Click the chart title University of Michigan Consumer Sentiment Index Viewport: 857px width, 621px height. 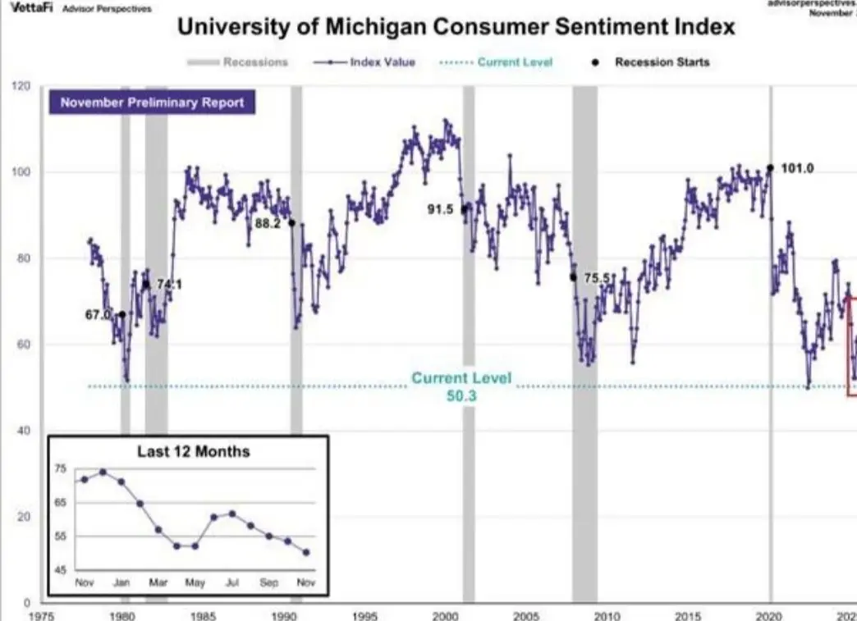pyautogui.click(x=456, y=28)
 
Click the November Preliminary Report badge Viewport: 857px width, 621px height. pyautogui.click(x=153, y=103)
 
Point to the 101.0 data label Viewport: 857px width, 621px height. pyautogui.click(x=798, y=168)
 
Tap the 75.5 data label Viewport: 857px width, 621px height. pyautogui.click(x=598, y=279)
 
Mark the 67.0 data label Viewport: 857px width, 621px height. pyautogui.click(x=97, y=313)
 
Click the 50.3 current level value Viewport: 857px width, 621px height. pyautogui.click(x=462, y=395)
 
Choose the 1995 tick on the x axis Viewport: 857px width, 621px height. pyautogui.click(x=364, y=614)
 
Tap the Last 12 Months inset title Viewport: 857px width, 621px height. pyautogui.click(x=193, y=451)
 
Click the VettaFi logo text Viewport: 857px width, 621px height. pyautogui.click(x=28, y=9)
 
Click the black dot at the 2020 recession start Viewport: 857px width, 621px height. pyautogui.click(x=770, y=168)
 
